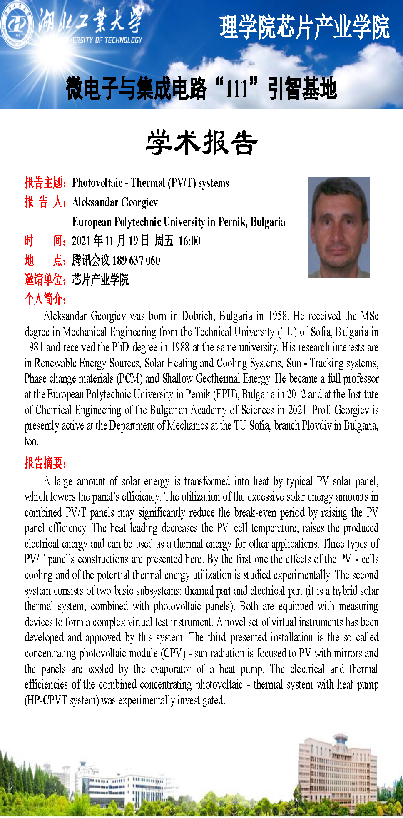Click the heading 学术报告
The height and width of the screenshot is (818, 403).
(201, 143)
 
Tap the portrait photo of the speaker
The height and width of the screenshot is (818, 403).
(339, 227)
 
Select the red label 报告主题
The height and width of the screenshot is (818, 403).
(44, 183)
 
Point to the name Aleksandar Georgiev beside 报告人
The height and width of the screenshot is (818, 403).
(115, 202)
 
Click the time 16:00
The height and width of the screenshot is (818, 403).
(189, 241)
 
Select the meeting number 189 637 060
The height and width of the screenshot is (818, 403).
(136, 261)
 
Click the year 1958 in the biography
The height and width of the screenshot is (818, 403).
(278, 316)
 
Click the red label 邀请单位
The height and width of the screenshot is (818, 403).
(44, 279)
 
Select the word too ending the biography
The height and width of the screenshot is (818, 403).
(31, 442)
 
